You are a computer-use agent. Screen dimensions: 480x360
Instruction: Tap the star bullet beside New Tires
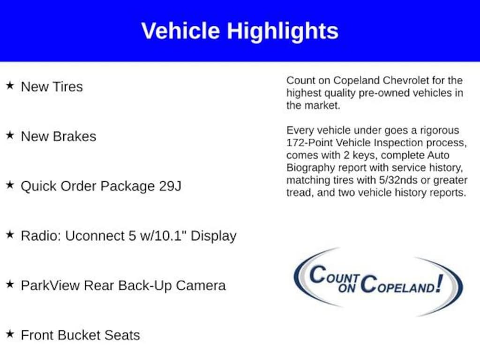click(10, 85)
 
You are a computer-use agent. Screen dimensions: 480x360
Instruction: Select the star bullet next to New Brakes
click(10, 135)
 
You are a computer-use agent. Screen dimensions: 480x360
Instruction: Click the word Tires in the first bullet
click(67, 87)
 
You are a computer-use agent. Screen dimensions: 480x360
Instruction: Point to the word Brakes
click(75, 136)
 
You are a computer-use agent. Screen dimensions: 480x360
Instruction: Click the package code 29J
click(170, 186)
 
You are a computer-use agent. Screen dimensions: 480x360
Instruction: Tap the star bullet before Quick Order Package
click(10, 185)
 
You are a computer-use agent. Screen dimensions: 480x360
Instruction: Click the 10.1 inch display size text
click(163, 236)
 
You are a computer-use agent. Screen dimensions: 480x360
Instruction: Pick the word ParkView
click(50, 285)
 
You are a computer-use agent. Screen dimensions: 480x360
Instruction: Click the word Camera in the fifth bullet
click(201, 285)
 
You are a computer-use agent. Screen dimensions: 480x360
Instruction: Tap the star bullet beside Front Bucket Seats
click(10, 334)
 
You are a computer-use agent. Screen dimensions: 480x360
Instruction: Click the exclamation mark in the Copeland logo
click(440, 283)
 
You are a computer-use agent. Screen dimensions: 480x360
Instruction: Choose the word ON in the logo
click(347, 288)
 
